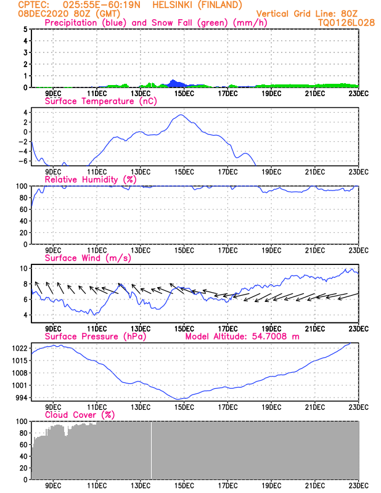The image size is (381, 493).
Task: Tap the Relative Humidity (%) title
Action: [x=90, y=179]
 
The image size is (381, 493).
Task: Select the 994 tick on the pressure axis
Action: [x=22, y=397]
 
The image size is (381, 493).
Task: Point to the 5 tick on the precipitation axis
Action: [x=25, y=30]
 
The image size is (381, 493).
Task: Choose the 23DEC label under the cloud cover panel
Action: [x=359, y=484]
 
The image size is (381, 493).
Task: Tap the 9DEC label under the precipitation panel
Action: [x=53, y=93]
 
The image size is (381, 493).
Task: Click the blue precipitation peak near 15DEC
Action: [x=173, y=81]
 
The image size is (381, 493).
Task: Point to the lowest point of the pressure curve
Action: [x=179, y=399]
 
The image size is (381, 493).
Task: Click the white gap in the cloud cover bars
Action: [x=152, y=450]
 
